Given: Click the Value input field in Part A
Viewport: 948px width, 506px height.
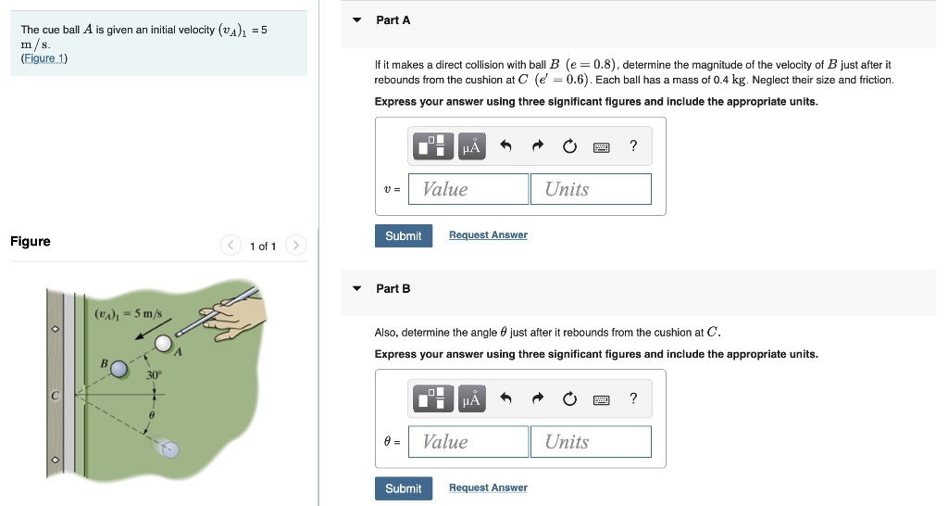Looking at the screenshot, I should click(x=468, y=189).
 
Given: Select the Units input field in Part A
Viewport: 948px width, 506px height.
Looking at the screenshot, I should click(x=591, y=189).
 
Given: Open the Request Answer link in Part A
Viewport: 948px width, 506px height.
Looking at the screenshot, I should click(x=488, y=235).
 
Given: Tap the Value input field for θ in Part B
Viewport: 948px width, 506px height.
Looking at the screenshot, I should click(x=468, y=442).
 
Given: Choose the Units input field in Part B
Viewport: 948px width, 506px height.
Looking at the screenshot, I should click(x=591, y=442).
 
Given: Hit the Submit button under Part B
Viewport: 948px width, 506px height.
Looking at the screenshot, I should click(x=403, y=488).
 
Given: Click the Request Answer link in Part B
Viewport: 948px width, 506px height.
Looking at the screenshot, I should click(x=488, y=488).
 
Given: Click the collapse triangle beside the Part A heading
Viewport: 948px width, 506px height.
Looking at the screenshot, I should click(x=357, y=20).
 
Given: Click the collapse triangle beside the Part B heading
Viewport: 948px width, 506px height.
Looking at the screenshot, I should click(x=357, y=289).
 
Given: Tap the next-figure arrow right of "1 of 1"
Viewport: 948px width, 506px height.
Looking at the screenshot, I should click(x=295, y=246).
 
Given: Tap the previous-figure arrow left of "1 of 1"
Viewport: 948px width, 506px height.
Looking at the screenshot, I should click(x=230, y=246).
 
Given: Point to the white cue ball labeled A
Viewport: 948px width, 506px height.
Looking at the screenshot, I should click(x=164, y=344).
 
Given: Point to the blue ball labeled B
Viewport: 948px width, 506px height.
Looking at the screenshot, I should click(x=118, y=369).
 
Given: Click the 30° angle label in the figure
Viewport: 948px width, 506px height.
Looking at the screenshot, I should click(x=154, y=375).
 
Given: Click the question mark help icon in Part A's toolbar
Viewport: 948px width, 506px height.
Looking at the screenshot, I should click(x=633, y=146).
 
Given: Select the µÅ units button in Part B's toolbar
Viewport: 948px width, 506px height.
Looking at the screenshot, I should click(x=471, y=399).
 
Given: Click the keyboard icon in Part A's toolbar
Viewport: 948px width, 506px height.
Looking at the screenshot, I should click(x=601, y=146).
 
